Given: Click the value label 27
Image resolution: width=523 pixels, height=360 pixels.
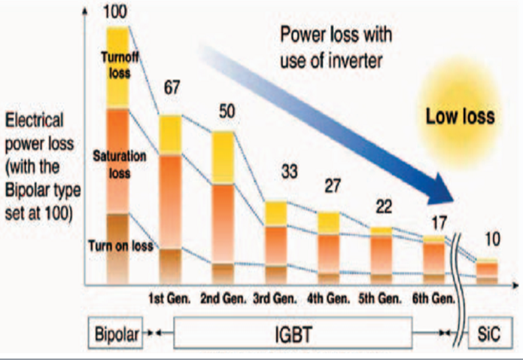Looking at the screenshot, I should (331, 185).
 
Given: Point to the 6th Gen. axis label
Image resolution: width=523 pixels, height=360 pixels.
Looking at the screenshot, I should (434, 298).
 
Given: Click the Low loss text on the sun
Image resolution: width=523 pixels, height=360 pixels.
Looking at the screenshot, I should (461, 117).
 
